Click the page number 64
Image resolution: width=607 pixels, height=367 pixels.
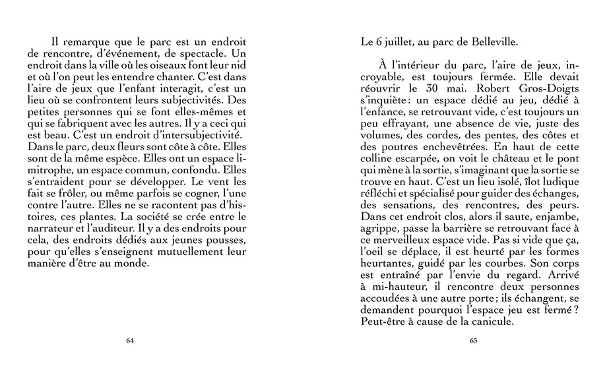pos(129,341)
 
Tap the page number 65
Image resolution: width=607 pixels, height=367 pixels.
pos(473,341)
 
